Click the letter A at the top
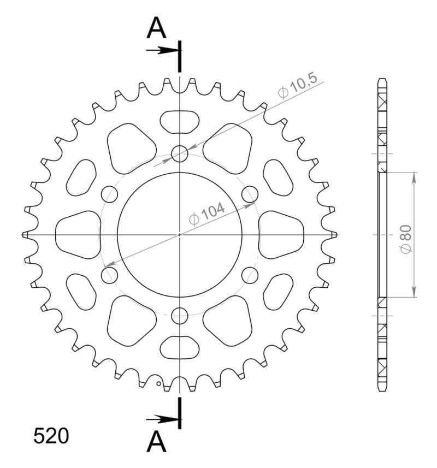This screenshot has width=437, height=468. (x=157, y=28)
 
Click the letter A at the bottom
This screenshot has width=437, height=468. (x=157, y=441)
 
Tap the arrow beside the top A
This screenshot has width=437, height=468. (x=162, y=50)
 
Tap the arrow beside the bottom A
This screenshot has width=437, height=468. (x=162, y=419)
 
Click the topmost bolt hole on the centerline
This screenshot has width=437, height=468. (x=180, y=154)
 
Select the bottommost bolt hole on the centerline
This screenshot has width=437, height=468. (x=180, y=315)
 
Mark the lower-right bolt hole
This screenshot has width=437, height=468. (x=250, y=275)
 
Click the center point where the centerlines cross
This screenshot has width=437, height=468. (x=180, y=235)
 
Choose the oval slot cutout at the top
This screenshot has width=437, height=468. (x=180, y=121)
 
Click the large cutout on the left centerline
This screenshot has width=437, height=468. (x=78, y=234)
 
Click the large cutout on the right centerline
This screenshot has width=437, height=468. (x=281, y=234)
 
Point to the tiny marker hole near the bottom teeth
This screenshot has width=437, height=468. (x=158, y=383)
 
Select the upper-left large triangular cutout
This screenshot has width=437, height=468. (x=129, y=146)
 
